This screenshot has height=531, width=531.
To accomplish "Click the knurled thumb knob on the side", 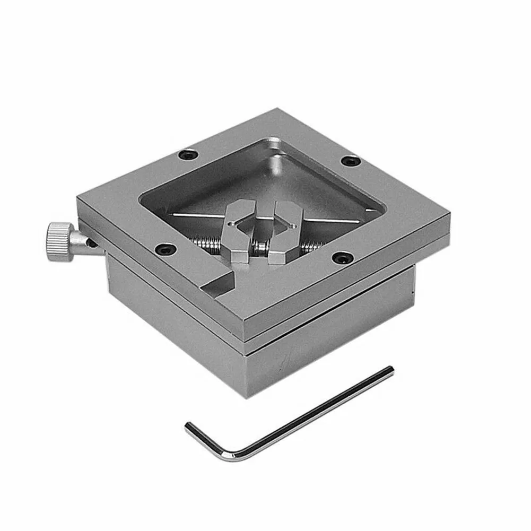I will point(59,241).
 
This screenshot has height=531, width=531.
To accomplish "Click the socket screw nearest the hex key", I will point(342,258).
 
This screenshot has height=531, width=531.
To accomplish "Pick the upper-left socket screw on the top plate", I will point(187,155).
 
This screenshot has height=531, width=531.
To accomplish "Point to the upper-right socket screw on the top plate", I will point(351,161).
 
